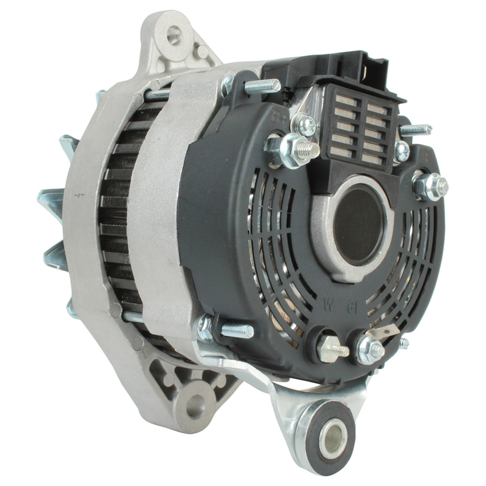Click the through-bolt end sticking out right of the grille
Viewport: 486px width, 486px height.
[418, 129]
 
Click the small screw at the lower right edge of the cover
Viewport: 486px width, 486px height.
[404, 343]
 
